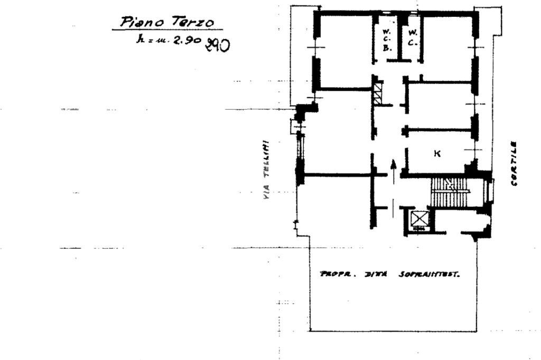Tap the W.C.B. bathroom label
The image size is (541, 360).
point(386,39)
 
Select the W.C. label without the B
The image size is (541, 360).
point(412,37)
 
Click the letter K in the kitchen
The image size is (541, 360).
point(437,154)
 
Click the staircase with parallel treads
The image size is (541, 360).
point(450,192)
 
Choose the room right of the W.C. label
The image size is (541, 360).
point(446,48)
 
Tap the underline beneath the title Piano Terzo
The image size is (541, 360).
point(167,30)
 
